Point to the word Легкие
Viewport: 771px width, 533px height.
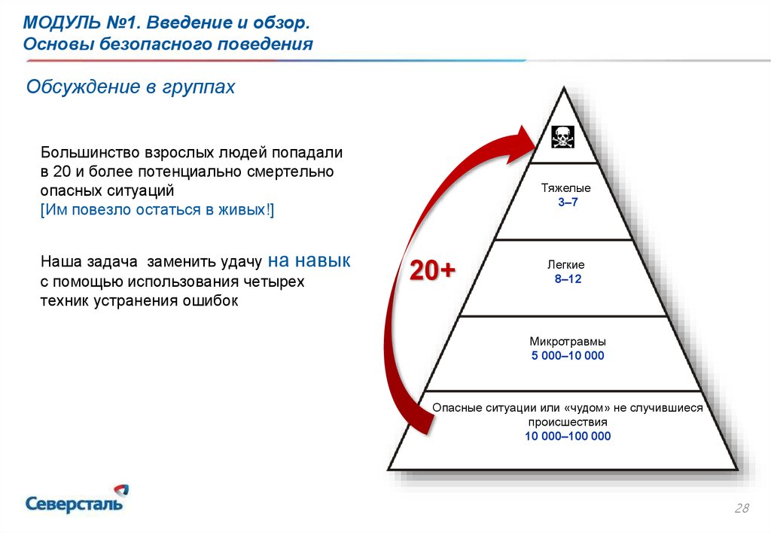pyautogui.click(x=566, y=265)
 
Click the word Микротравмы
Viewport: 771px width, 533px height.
pyautogui.click(x=567, y=341)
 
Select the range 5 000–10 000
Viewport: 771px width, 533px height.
pyautogui.click(x=568, y=355)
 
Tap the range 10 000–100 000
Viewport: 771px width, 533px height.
pyautogui.click(x=568, y=436)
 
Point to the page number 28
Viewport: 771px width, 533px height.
pyautogui.click(x=742, y=510)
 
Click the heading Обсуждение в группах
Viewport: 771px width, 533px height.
pyautogui.click(x=131, y=87)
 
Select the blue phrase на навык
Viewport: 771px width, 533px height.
pyautogui.click(x=309, y=261)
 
